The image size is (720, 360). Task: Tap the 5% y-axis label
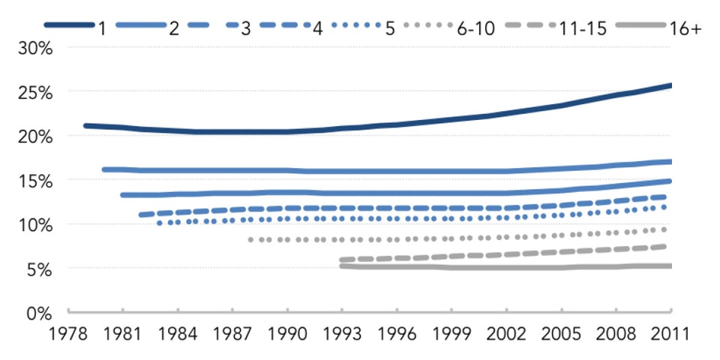click(x=37, y=268)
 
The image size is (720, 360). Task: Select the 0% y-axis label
click(x=37, y=313)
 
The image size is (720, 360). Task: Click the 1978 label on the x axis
click(x=67, y=332)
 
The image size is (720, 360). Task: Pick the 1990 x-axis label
click(x=286, y=332)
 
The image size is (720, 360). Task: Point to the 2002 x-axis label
click(x=506, y=332)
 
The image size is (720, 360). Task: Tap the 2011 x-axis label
click(x=670, y=332)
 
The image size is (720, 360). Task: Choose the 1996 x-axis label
click(x=397, y=332)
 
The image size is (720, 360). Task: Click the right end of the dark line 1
click(x=670, y=85)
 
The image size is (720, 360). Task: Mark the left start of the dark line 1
click(x=85, y=125)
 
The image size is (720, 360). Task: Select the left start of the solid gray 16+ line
click(x=341, y=265)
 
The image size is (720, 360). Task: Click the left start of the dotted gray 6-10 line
click(x=250, y=239)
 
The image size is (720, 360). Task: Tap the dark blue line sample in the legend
click(x=67, y=26)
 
